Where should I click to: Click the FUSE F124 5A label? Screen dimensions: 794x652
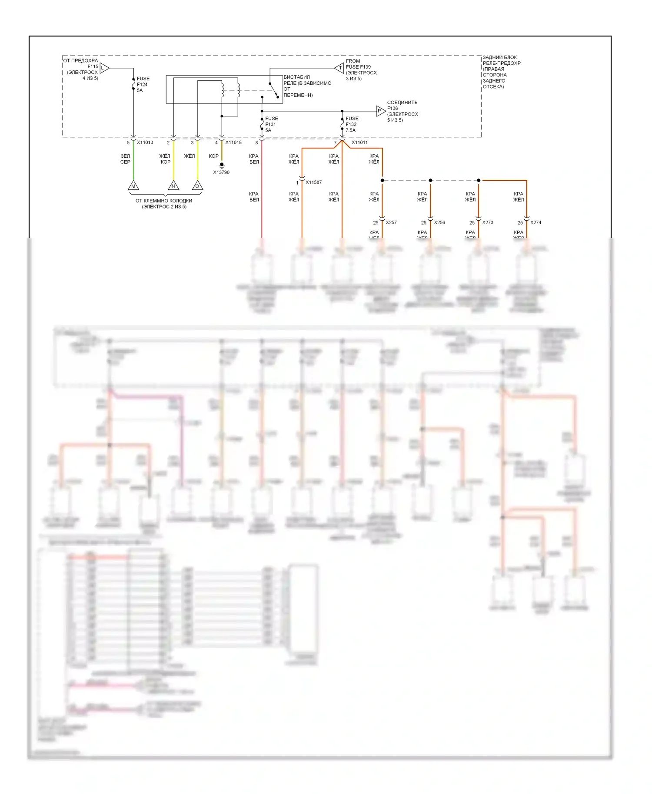143,84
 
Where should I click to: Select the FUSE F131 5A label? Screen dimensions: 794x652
271,124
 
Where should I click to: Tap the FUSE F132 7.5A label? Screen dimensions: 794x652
352,124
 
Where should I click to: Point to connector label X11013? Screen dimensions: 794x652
145,142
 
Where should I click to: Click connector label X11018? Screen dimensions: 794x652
233,142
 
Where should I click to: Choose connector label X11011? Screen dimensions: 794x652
359,142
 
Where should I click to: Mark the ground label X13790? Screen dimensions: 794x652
221,172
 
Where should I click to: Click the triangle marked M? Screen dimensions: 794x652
133,186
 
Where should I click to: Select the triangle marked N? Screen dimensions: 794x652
173,186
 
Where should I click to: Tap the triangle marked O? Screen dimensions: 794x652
197,186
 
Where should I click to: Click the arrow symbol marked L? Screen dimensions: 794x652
104,68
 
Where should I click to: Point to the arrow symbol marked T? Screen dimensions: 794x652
339,68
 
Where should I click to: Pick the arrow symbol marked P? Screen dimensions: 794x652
381,111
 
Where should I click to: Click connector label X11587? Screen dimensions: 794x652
313,182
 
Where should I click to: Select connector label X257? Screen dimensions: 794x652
391,222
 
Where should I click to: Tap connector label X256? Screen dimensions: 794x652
439,222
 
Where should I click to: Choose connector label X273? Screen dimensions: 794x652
488,222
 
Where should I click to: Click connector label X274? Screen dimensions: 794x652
536,222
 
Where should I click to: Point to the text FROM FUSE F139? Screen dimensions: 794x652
358,64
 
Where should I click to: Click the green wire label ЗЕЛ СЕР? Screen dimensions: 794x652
125,159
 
